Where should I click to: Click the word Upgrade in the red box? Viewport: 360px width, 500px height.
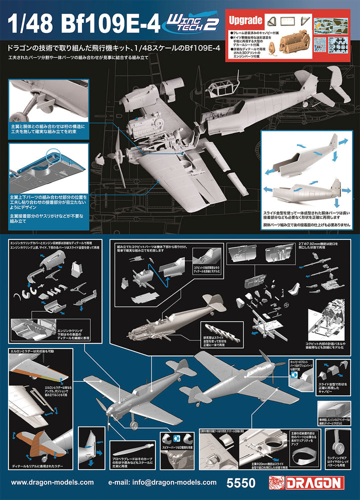tap(245, 20)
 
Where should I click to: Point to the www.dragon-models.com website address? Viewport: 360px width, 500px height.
tap(52, 483)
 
